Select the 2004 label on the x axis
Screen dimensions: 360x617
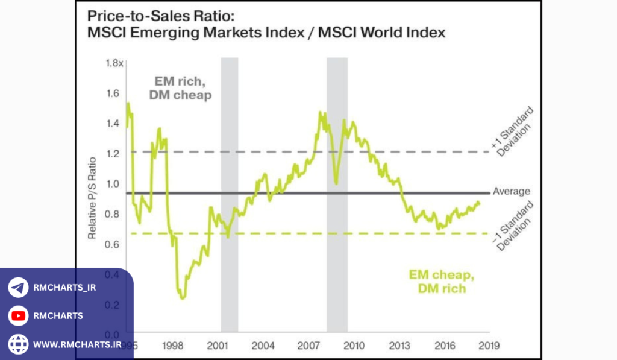263,346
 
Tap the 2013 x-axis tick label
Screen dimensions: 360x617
399,346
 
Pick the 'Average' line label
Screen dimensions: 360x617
512,192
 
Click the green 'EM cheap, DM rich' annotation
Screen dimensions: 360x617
442,282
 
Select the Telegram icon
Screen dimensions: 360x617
18,288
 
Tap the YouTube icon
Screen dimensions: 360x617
18,316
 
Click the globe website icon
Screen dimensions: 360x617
18,344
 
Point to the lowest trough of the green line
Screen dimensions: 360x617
182,297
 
